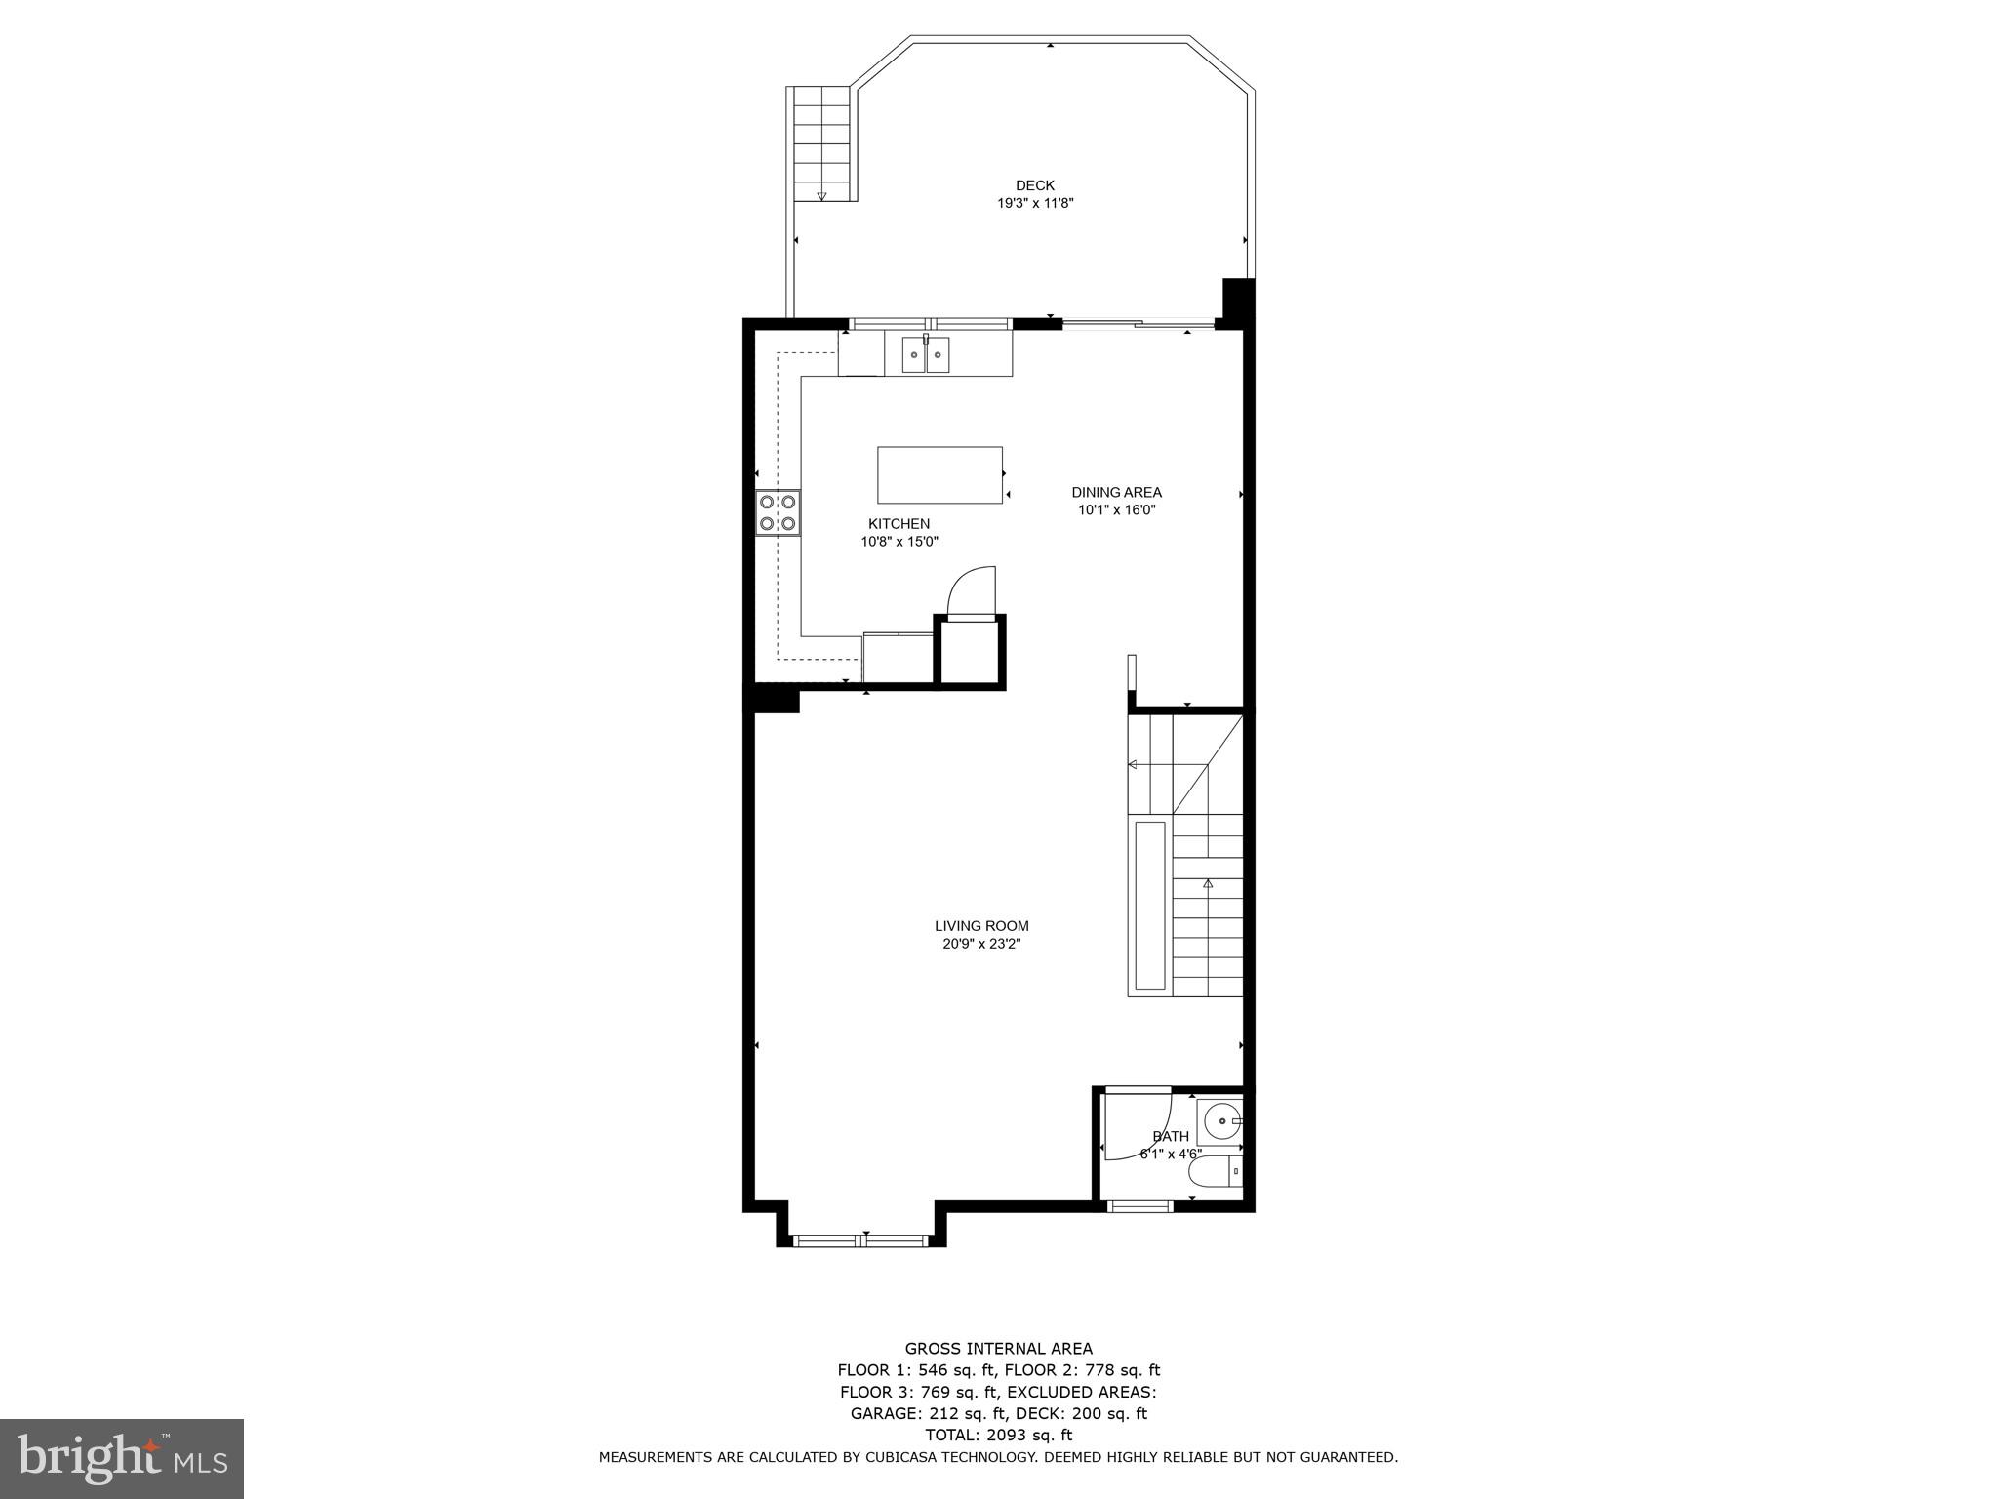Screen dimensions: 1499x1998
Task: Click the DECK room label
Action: tap(1035, 185)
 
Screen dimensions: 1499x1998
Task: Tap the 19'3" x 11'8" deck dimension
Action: tap(1035, 203)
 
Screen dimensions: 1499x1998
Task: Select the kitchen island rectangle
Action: tap(939, 474)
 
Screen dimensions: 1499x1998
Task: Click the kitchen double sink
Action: tap(925, 354)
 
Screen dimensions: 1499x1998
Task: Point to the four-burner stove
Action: tap(778, 513)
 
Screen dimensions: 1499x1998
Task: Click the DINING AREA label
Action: tap(1116, 492)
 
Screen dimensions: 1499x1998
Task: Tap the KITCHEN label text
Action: tap(899, 524)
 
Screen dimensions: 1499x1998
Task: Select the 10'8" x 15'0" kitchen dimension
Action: tap(899, 542)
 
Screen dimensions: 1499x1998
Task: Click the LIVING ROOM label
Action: tap(981, 926)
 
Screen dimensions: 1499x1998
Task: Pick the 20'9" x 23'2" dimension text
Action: tap(981, 944)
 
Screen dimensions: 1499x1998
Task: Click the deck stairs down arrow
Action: tap(821, 196)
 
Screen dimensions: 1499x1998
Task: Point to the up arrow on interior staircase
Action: tap(1208, 883)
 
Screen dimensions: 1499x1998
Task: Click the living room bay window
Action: tap(860, 1240)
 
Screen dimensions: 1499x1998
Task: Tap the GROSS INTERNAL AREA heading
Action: tap(998, 1349)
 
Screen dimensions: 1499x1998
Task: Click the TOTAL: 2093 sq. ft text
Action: tap(998, 1435)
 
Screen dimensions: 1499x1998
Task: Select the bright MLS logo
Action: tap(122, 1458)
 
